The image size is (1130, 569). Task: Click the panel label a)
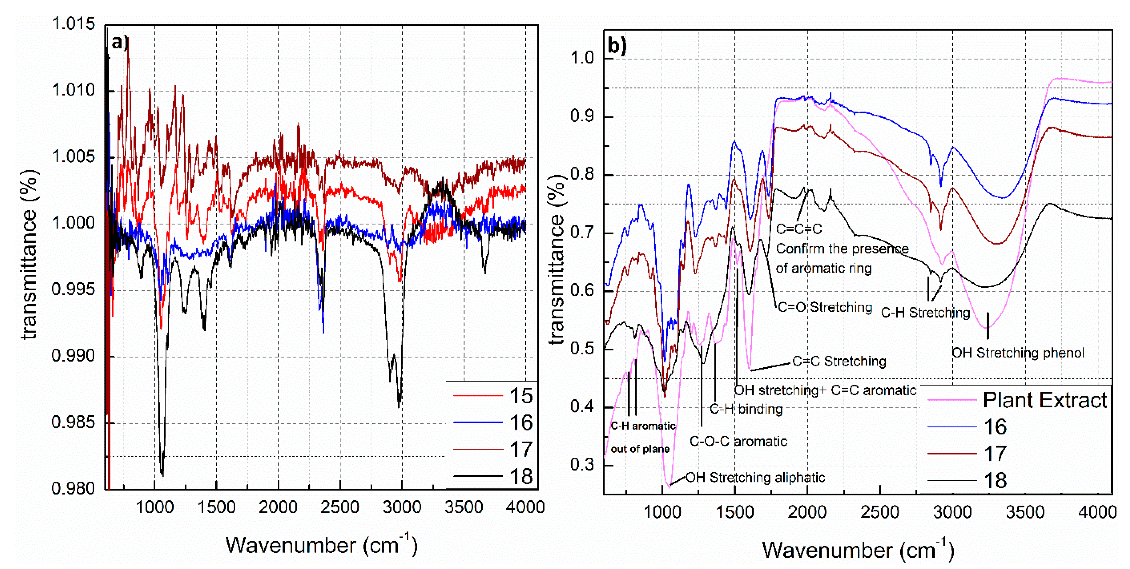[119, 43]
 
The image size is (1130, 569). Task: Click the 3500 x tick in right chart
[1025, 512]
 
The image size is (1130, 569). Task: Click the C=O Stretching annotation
[825, 307]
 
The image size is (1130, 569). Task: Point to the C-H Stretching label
[925, 313]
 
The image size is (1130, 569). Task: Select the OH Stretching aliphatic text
[755, 477]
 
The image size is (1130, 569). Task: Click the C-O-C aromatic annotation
[738, 441]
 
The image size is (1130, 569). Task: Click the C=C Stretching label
[839, 361]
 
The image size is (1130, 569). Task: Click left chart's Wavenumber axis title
[321, 545]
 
